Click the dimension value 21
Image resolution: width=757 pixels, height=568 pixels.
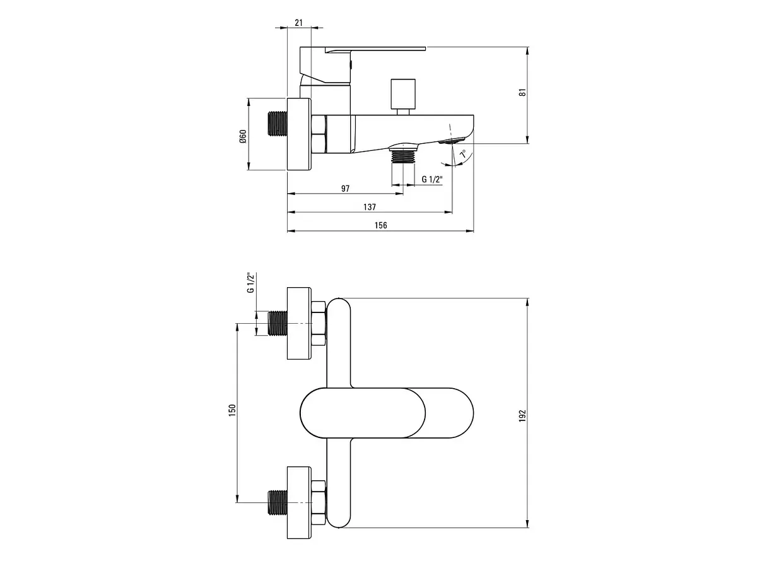298,23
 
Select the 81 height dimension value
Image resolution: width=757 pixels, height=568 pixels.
523,92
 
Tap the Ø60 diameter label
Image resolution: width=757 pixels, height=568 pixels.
243,136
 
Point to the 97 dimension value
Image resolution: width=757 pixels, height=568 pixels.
345,189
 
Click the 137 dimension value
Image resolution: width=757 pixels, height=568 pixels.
370,207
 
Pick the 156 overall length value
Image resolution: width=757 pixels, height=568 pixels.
381,225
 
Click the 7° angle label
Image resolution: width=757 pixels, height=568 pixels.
463,154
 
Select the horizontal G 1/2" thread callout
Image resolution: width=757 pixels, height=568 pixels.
431,179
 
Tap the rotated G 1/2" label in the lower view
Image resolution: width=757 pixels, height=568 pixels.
250,283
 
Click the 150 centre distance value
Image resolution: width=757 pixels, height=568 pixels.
232,410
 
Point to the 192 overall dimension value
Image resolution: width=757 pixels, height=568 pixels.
523,416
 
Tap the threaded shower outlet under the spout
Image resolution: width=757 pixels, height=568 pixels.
403,155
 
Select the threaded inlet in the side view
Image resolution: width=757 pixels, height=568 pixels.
278,123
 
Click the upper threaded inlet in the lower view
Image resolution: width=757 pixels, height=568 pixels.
278,322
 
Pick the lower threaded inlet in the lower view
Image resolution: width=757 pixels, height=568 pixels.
278,502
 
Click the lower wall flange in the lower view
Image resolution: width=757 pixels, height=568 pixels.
300,502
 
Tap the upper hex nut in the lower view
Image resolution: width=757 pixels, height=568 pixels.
319,324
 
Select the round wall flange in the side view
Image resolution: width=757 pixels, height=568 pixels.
300,134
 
